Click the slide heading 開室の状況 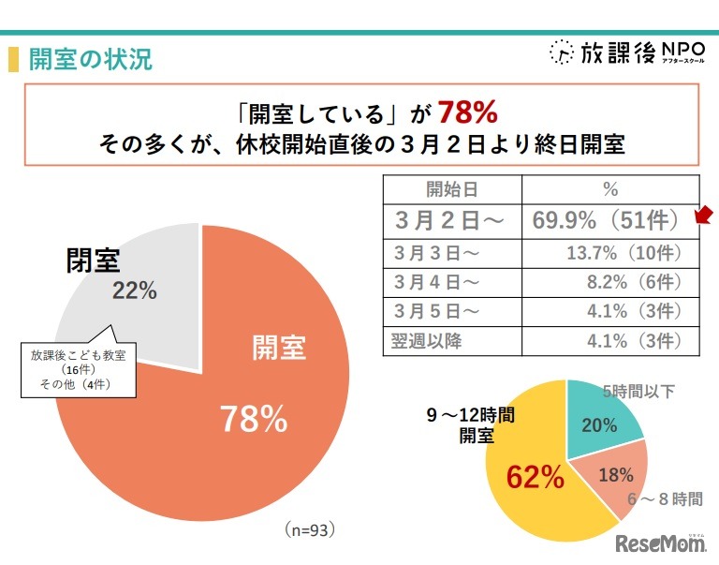(90, 60)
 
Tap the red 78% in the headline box (466, 113)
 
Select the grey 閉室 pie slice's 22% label (134, 290)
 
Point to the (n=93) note (309, 529)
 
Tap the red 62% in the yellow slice (536, 477)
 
